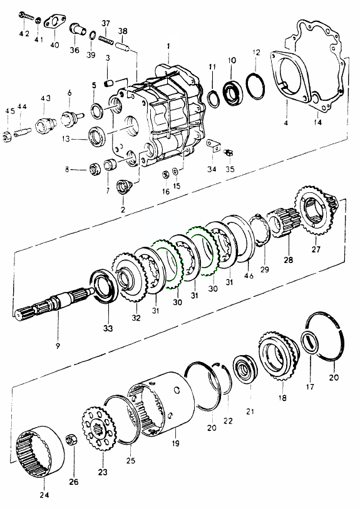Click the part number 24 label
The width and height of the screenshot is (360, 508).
[x=44, y=495]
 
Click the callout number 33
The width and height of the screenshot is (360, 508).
[x=108, y=328]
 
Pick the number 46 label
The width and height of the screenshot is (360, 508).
[x=249, y=276]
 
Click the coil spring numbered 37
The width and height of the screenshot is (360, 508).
[x=106, y=41]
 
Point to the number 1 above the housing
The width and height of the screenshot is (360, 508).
[x=168, y=46]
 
